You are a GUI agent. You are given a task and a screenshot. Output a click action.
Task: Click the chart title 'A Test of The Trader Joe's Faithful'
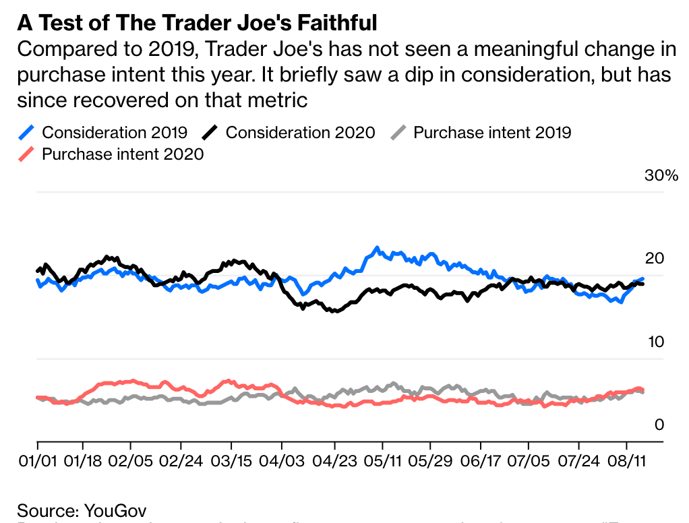pyautogui.click(x=197, y=23)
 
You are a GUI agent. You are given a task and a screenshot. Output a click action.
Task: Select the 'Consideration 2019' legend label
pyautogui.click(x=115, y=132)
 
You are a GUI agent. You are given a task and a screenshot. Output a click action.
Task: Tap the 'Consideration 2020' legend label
pyautogui.click(x=300, y=132)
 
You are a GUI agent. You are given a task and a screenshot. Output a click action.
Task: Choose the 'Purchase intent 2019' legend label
pyautogui.click(x=492, y=132)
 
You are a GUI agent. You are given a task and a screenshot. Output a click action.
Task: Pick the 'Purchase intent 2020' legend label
pyautogui.click(x=123, y=154)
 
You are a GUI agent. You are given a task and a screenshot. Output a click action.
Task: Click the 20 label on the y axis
pyautogui.click(x=655, y=259)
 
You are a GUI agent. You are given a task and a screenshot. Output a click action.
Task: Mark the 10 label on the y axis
pyautogui.click(x=655, y=342)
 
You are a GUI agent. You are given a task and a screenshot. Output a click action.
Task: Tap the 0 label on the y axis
pyautogui.click(x=659, y=425)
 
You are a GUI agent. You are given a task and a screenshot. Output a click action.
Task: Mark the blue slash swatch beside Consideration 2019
pyautogui.click(x=26, y=132)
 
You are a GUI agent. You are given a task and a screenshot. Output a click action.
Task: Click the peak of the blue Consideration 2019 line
pyautogui.click(x=377, y=247)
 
